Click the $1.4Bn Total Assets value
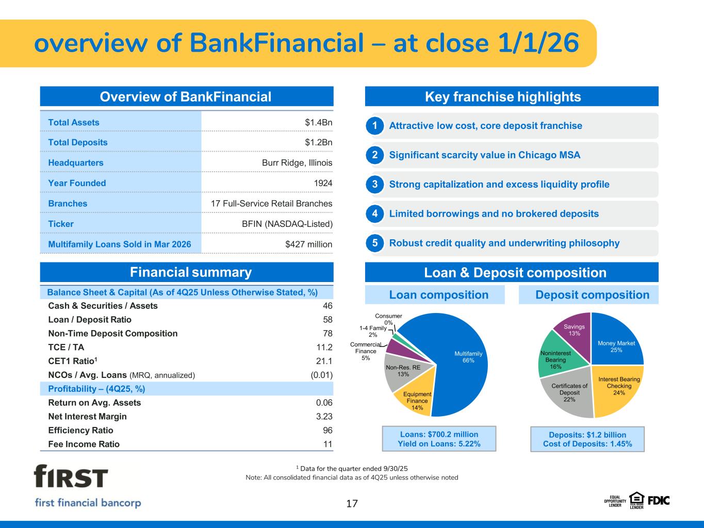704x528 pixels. pos(319,123)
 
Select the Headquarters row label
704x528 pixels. pos(76,163)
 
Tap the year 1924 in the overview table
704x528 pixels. pos(323,183)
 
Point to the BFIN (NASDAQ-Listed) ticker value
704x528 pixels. pos(287,224)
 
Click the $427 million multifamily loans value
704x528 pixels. pos(308,244)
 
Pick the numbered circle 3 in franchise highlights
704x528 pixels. pos(374,184)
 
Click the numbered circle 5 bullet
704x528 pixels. pos(374,243)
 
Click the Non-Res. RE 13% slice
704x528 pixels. pos(402,372)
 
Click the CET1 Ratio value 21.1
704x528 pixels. pos(324,361)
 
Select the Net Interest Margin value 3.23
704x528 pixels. pos(324,417)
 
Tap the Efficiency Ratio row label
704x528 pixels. pos(80,430)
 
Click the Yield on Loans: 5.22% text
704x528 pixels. pos(439,443)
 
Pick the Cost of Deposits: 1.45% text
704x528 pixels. pos(587,444)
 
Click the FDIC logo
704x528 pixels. pos(659,501)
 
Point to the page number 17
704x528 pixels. pos(352,504)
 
